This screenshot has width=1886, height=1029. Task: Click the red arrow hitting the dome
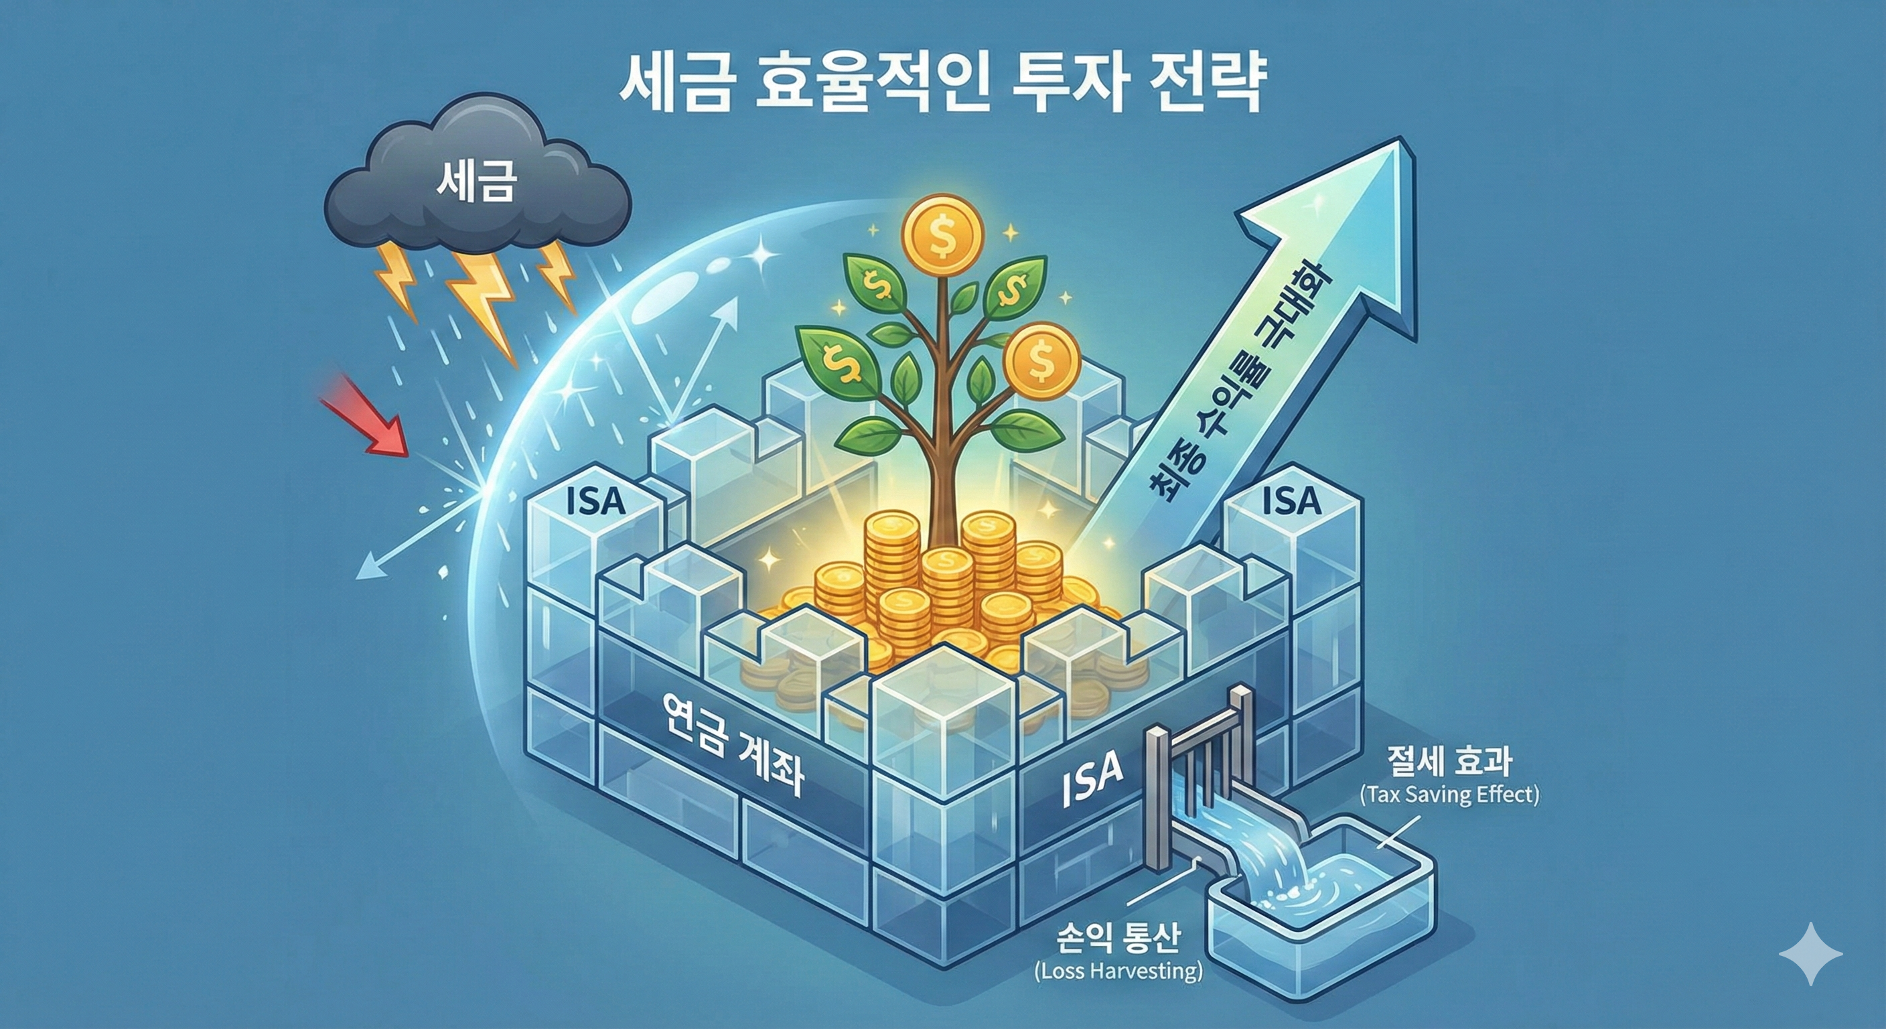pyautogui.click(x=366, y=415)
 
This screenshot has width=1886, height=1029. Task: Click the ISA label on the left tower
pyautogui.click(x=596, y=503)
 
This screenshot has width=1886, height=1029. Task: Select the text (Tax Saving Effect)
pyautogui.click(x=1449, y=795)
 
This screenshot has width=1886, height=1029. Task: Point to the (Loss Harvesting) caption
pyautogui.click(x=1118, y=971)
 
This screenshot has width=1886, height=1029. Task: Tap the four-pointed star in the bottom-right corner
pyautogui.click(x=1810, y=953)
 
